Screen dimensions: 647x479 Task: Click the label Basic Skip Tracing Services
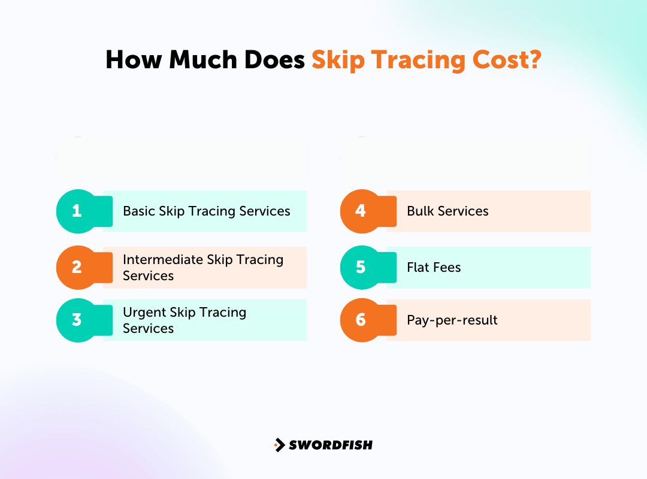coord(206,211)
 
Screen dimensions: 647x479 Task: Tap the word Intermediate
coord(163,259)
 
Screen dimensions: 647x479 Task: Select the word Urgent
coord(144,313)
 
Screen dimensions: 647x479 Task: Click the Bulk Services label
coord(448,211)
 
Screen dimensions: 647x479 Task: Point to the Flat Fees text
coord(434,268)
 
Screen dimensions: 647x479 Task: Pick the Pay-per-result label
coord(452,320)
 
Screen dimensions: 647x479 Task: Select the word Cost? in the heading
coord(507,60)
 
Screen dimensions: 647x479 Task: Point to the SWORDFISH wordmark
coord(331,445)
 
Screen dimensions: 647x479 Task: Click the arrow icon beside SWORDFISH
coord(279,445)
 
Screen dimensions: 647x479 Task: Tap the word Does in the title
coord(274,60)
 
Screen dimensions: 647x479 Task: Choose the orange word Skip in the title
coord(338,60)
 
